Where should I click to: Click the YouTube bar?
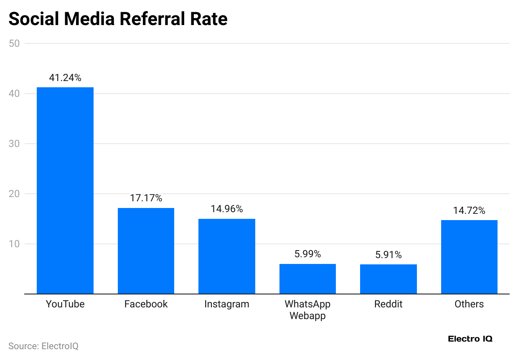click(x=65, y=190)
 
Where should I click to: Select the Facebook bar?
click(x=146, y=251)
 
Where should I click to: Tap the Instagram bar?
click(x=226, y=256)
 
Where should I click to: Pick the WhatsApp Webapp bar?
click(x=307, y=279)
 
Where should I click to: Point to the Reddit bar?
click(x=388, y=279)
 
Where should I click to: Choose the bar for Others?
click(x=469, y=257)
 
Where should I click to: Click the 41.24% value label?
click(x=65, y=77)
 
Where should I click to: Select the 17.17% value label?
click(x=146, y=198)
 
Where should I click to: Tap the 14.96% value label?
click(x=226, y=209)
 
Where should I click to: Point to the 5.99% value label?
click(x=307, y=254)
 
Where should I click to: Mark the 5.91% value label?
click(x=388, y=254)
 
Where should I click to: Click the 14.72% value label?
click(x=469, y=210)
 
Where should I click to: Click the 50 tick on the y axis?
click(x=14, y=43)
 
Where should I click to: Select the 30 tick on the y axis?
click(x=14, y=144)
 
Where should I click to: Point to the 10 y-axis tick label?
click(x=14, y=244)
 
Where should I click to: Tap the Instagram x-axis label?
click(x=226, y=304)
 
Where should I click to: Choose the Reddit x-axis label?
click(x=388, y=304)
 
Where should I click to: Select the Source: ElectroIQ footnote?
click(x=43, y=346)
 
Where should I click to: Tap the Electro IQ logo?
click(x=470, y=339)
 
